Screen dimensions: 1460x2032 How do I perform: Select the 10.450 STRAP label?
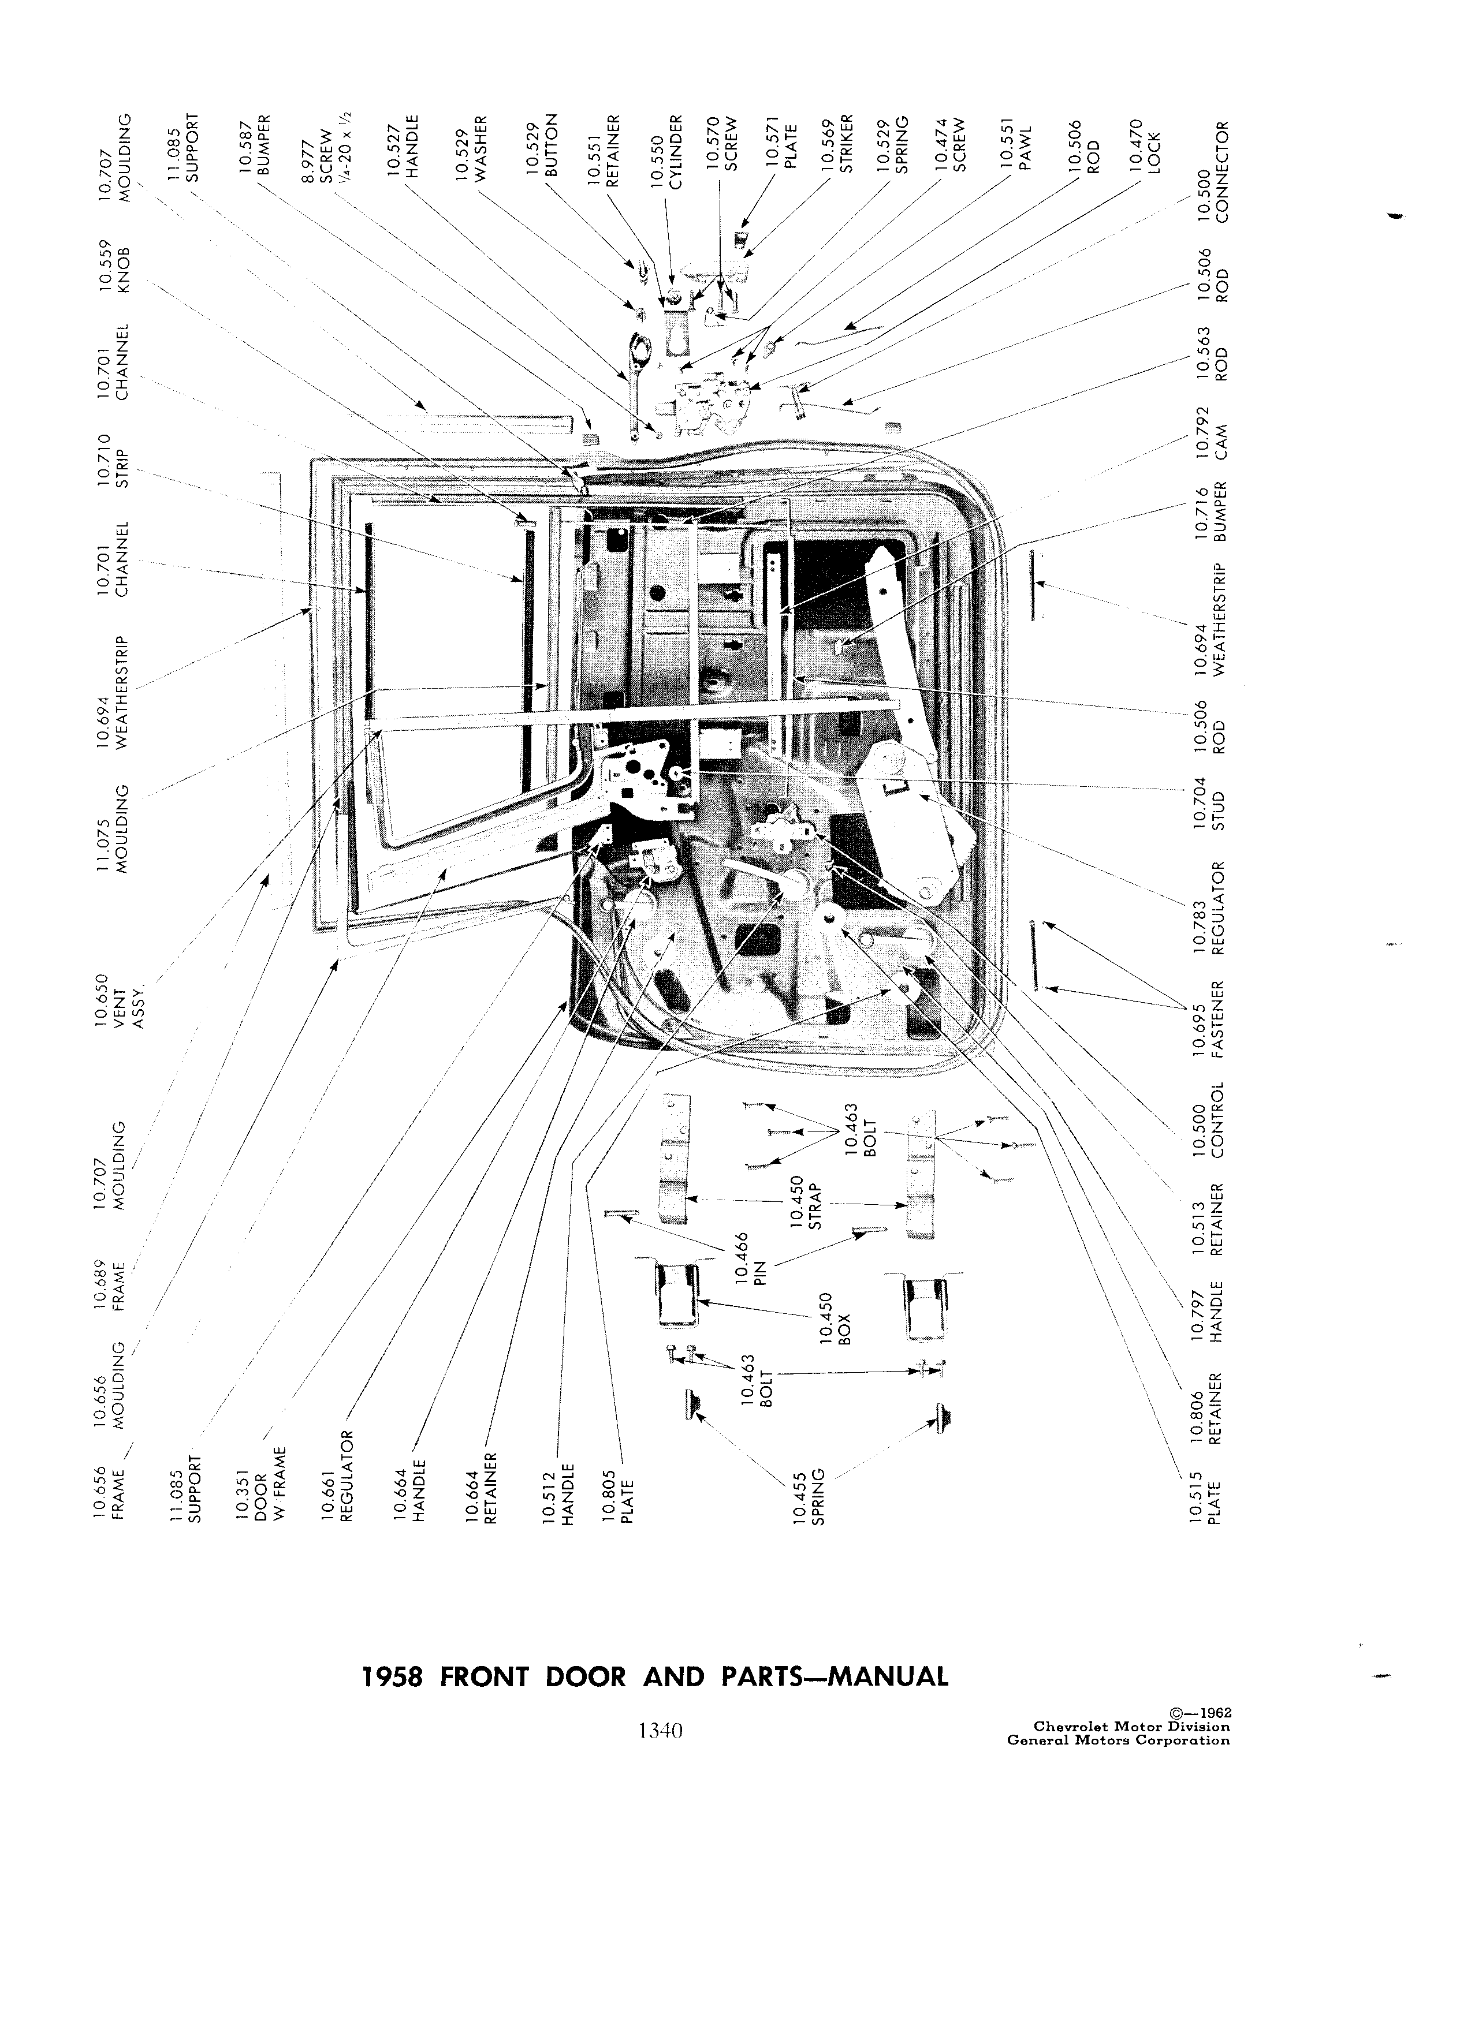pyautogui.click(x=807, y=1203)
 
